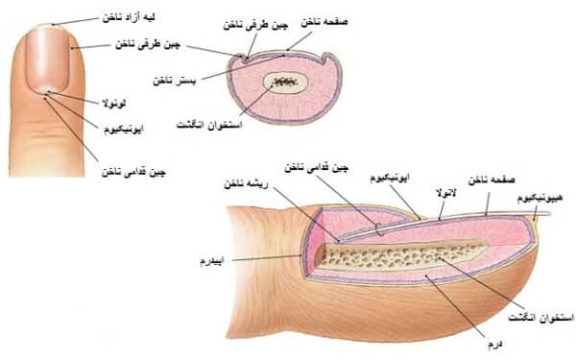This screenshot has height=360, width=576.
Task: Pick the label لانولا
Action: click(445, 192)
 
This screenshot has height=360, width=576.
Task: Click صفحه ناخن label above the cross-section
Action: click(323, 18)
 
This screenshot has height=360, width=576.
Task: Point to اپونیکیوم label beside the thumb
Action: click(127, 126)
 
